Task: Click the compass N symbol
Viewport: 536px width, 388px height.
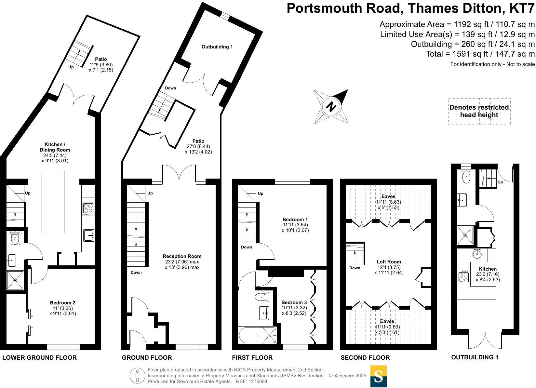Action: pyautogui.click(x=331, y=107)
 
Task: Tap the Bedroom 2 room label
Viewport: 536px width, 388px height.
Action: pyautogui.click(x=63, y=302)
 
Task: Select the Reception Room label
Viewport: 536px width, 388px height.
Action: pyautogui.click(x=182, y=256)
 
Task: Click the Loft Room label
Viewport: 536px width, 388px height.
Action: pyautogui.click(x=389, y=261)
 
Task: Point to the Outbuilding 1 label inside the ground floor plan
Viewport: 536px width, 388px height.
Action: pyautogui.click(x=217, y=47)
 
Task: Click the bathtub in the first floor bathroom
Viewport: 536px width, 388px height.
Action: pyautogui.click(x=257, y=335)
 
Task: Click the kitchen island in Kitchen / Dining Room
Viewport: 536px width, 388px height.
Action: pyautogui.click(x=53, y=202)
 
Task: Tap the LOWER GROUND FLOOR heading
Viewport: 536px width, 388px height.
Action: pyautogui.click(x=39, y=358)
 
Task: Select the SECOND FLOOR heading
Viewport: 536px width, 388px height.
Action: pyautogui.click(x=365, y=358)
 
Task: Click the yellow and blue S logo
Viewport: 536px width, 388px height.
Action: pyautogui.click(x=379, y=376)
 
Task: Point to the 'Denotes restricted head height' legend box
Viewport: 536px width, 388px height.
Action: pyautogui.click(x=479, y=111)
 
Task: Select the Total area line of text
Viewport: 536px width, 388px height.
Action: pyautogui.click(x=480, y=54)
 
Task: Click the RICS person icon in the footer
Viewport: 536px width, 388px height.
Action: pyautogui.click(x=137, y=376)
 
